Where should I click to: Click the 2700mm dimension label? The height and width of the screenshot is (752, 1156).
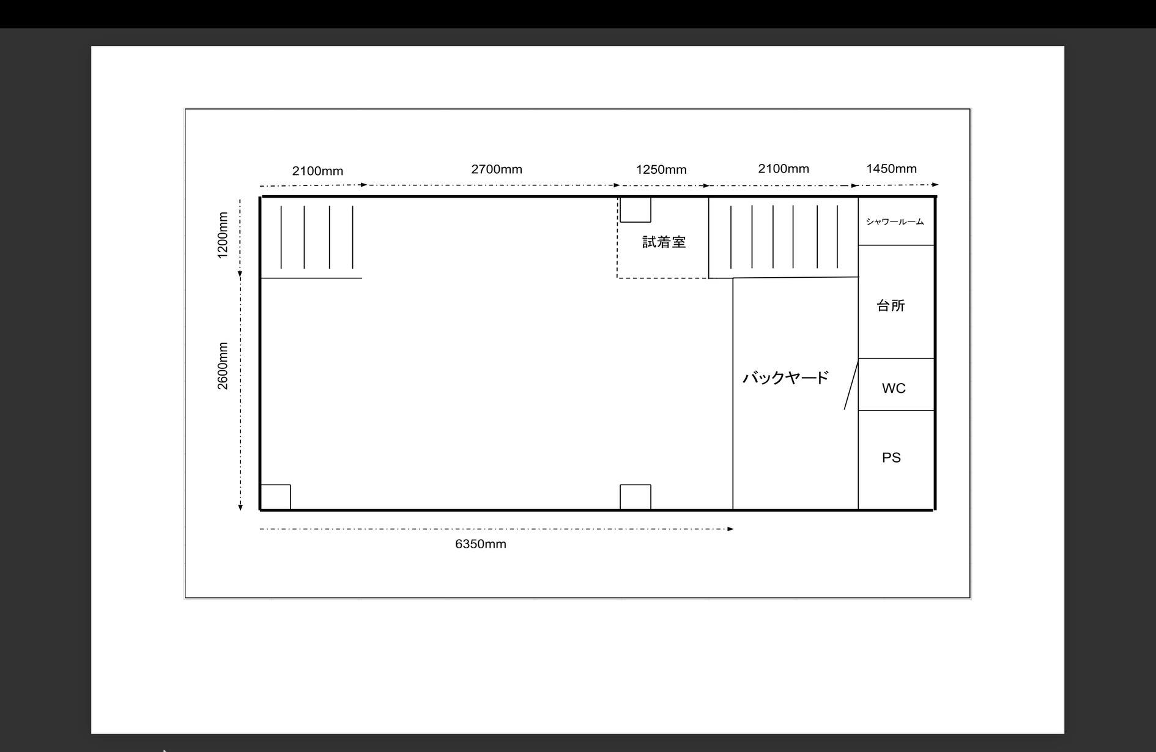pyautogui.click(x=496, y=169)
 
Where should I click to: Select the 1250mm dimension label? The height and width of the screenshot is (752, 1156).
pyautogui.click(x=661, y=169)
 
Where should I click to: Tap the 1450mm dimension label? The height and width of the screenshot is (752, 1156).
pyautogui.click(x=891, y=169)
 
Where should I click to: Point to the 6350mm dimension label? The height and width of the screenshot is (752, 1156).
pyautogui.click(x=480, y=544)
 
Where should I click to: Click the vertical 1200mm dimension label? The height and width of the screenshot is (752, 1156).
pyautogui.click(x=223, y=235)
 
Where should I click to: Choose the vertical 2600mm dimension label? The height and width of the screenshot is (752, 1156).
pyautogui.click(x=223, y=365)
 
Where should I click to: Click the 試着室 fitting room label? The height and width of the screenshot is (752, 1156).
pyautogui.click(x=664, y=242)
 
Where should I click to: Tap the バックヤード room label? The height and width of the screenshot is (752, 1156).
pyautogui.click(x=785, y=378)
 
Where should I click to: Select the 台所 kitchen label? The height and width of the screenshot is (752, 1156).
pyautogui.click(x=891, y=306)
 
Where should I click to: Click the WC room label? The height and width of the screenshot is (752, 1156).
pyautogui.click(x=894, y=389)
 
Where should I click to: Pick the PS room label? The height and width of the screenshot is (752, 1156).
pyautogui.click(x=891, y=458)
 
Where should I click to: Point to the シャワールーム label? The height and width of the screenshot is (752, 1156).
pyautogui.click(x=895, y=222)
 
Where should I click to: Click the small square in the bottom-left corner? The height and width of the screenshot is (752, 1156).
pyautogui.click(x=275, y=497)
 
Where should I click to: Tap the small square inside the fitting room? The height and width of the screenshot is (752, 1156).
pyautogui.click(x=635, y=209)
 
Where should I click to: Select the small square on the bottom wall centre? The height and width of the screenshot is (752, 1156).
pyautogui.click(x=635, y=497)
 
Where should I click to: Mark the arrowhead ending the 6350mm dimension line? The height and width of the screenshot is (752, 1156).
pyautogui.click(x=730, y=529)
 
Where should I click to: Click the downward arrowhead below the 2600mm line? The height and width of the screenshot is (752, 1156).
pyautogui.click(x=240, y=507)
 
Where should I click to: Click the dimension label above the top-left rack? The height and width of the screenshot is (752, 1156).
pyautogui.click(x=317, y=171)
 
